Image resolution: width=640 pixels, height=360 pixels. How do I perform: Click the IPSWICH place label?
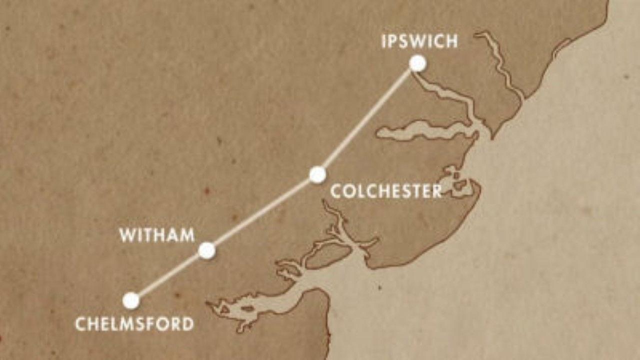[x=419, y=41]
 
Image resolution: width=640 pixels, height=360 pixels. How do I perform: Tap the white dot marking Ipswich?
[x=417, y=63]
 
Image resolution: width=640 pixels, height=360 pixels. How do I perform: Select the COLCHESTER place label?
[x=386, y=191]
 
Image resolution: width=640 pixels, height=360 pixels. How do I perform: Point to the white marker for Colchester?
[x=317, y=174]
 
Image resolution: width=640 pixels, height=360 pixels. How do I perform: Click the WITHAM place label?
[x=157, y=235]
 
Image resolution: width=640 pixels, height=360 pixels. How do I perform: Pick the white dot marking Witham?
[x=207, y=250]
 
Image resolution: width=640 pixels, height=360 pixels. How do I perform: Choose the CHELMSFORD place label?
[x=134, y=323]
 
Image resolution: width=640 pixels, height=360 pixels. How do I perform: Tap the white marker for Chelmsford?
[x=131, y=300]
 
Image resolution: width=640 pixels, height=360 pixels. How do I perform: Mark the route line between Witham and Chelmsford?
[x=169, y=275]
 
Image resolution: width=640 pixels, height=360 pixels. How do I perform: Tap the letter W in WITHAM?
[x=127, y=235]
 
